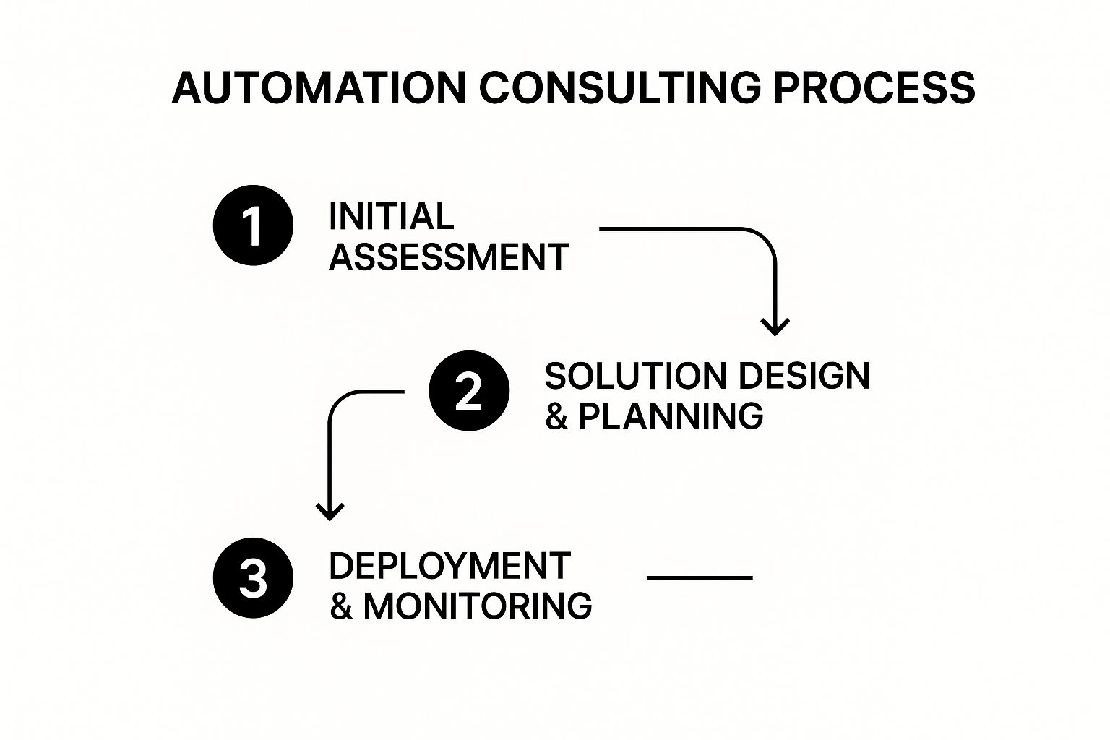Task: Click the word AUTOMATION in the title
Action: click(x=319, y=87)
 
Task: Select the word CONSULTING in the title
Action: click(x=620, y=87)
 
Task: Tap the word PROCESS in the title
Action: click(x=874, y=87)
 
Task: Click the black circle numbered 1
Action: click(x=253, y=225)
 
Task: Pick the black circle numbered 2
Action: click(x=469, y=390)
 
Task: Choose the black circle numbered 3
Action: click(x=253, y=577)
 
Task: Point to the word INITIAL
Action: click(x=391, y=217)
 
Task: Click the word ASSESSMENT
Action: click(x=449, y=257)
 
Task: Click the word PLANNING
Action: click(x=671, y=416)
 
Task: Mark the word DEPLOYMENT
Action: click(x=450, y=566)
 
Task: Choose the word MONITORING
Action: click(x=478, y=606)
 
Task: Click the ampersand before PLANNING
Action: click(x=556, y=416)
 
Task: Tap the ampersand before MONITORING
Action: click(x=341, y=606)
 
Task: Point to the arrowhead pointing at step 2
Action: click(x=775, y=327)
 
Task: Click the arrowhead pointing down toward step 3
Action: click(x=330, y=512)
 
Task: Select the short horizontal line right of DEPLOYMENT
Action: click(x=700, y=577)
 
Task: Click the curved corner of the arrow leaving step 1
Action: click(x=765, y=238)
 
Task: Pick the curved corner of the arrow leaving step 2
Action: click(x=340, y=401)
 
